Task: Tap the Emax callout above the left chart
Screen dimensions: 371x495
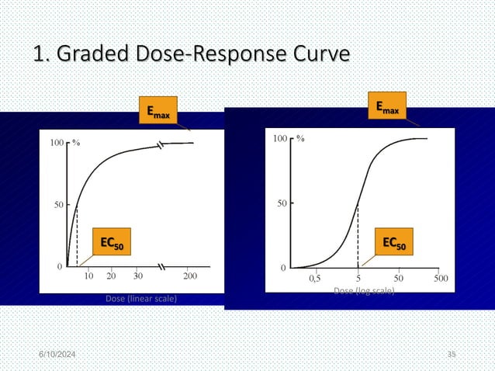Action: [x=158, y=112]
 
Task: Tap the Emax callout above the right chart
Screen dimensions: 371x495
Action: [x=387, y=109]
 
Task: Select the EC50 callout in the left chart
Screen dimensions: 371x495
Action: [x=111, y=242]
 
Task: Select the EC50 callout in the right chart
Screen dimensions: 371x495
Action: [x=393, y=242]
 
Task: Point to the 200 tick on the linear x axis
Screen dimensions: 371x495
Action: [x=189, y=276]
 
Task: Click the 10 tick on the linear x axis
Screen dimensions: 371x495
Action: [x=89, y=276]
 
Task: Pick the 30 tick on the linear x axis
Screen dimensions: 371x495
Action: [x=138, y=276]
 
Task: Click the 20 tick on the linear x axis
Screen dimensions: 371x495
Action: [x=112, y=276]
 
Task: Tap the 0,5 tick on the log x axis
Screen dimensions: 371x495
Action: [x=317, y=277]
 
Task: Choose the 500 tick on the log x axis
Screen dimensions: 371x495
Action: [x=440, y=277]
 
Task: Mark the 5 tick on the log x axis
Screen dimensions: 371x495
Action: [x=358, y=277]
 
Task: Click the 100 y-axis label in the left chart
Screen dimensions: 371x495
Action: [x=57, y=143]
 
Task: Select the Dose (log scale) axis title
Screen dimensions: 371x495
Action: [x=363, y=291]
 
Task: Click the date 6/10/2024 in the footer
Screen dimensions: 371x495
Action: [x=64, y=354]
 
